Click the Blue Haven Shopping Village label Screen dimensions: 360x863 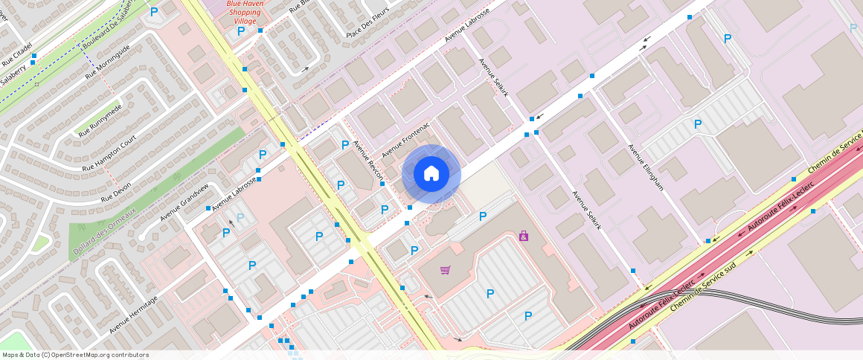coord(245,12)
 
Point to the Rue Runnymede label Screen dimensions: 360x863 coord(100,120)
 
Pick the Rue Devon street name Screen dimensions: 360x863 coord(116,192)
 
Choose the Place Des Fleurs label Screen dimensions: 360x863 coord(368,24)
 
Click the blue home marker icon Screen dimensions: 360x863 coord(431,174)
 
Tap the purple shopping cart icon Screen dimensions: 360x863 coord(445,270)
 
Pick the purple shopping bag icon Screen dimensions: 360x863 coord(524,236)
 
